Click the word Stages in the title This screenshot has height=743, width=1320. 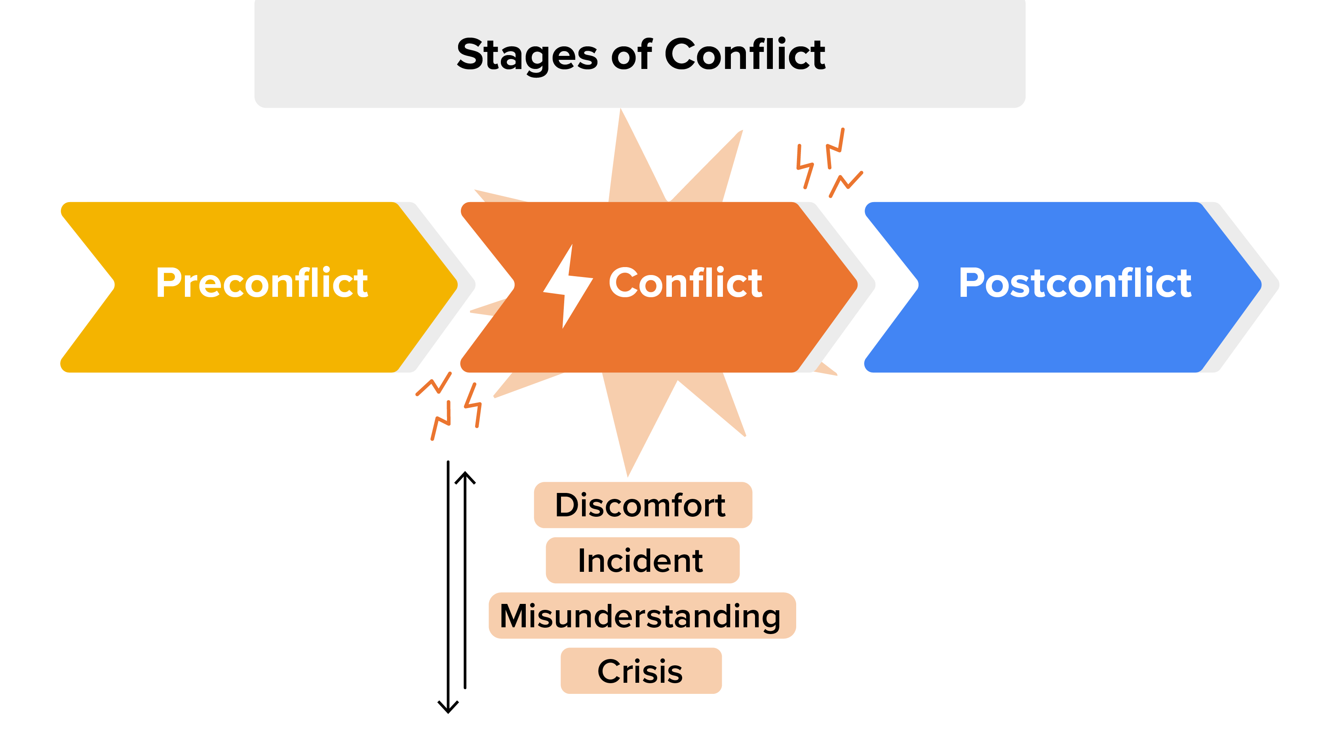tap(527, 55)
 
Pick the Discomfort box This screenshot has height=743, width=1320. tap(643, 505)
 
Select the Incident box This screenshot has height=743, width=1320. tap(643, 560)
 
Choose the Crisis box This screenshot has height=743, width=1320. tap(641, 671)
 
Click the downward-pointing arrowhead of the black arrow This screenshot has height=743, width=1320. tap(448, 708)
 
